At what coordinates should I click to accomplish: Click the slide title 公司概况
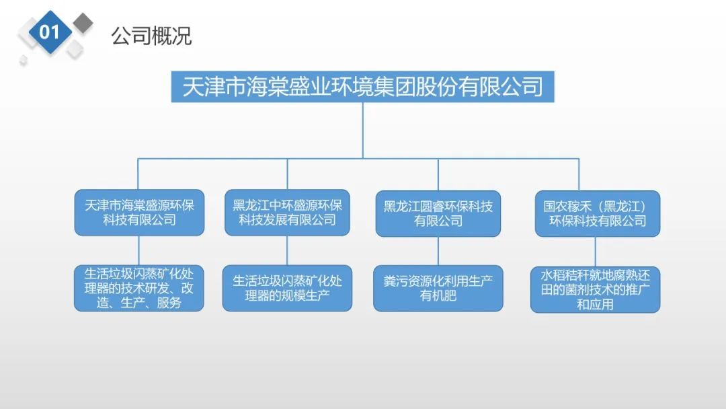point(151,36)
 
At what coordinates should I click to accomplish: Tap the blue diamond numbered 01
point(50,32)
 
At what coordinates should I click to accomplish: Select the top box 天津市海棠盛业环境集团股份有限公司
point(362,87)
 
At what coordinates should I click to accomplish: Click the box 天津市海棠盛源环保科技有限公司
point(139,213)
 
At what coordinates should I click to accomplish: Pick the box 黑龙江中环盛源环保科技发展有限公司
point(287,213)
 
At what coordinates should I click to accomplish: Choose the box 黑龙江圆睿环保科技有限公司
point(438,213)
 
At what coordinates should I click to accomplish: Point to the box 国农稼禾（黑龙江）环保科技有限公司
point(598,213)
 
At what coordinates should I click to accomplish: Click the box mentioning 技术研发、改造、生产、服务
point(139,288)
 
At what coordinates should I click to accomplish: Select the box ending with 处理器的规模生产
point(287,288)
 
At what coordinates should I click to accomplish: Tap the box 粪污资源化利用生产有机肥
point(438,288)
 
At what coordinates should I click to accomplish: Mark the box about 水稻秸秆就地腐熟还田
point(596,289)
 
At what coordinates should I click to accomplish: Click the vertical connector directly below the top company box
point(362,130)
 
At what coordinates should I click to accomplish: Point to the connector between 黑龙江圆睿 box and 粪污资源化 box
point(438,251)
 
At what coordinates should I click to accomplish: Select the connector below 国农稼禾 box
point(596,252)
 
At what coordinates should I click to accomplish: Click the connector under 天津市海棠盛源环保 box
point(138,250)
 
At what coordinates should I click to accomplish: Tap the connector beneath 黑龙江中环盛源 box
point(287,250)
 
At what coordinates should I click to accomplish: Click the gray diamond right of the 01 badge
point(83,23)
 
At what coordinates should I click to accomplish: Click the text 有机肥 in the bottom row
point(438,295)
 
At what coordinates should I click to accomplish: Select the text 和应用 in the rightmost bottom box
point(596,304)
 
